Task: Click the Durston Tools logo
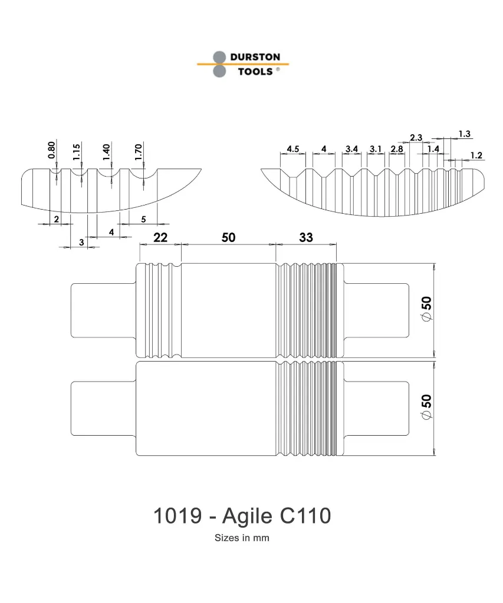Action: click(x=242, y=64)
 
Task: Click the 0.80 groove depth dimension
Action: click(x=52, y=150)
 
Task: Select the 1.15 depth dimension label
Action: click(x=77, y=150)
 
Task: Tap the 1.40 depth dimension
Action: click(x=107, y=150)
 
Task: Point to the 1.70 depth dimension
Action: click(x=139, y=150)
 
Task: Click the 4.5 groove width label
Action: click(x=294, y=148)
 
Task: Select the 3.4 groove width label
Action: click(x=352, y=148)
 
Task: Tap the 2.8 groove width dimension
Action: click(x=397, y=148)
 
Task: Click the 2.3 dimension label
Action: click(x=416, y=137)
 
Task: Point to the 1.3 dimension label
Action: click(x=464, y=134)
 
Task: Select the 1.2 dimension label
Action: click(x=476, y=155)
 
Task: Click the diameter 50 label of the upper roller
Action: click(x=426, y=309)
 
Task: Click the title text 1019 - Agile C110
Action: click(x=242, y=516)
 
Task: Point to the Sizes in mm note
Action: click(x=242, y=538)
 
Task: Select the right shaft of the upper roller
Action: click(x=376, y=310)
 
